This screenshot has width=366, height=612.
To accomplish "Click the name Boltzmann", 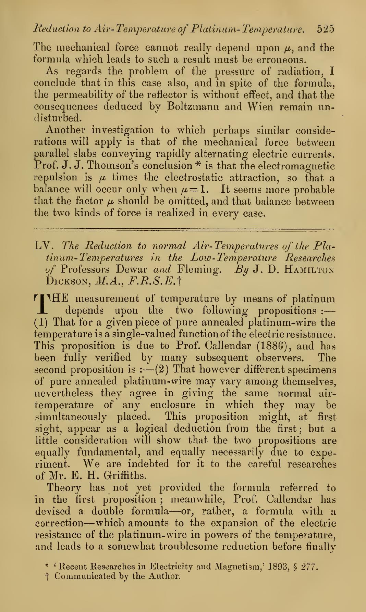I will coord(191,106).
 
